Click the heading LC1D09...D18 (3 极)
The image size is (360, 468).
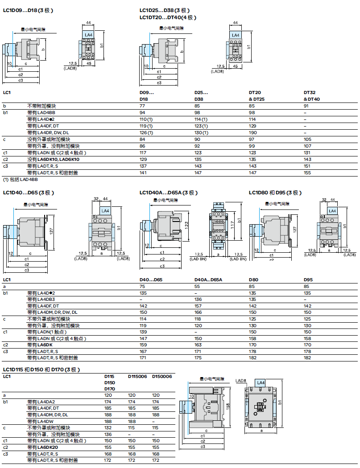pyautogui.click(x=27, y=10)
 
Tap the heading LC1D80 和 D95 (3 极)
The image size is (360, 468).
pyautogui.click(x=275, y=193)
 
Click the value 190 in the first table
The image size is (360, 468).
pyautogui.click(x=252, y=132)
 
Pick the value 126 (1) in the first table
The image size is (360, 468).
pyautogui.click(x=146, y=132)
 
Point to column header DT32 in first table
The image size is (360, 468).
pyautogui.click(x=310, y=93)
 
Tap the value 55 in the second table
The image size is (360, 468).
pyautogui.click(x=197, y=286)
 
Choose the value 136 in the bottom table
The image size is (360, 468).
pyautogui.click(x=108, y=434)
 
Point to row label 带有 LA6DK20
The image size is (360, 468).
pyautogui.click(x=43, y=447)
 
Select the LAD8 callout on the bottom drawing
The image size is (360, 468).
pyautogui.click(x=241, y=381)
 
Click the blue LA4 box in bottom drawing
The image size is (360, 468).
pyautogui.click(x=261, y=382)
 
